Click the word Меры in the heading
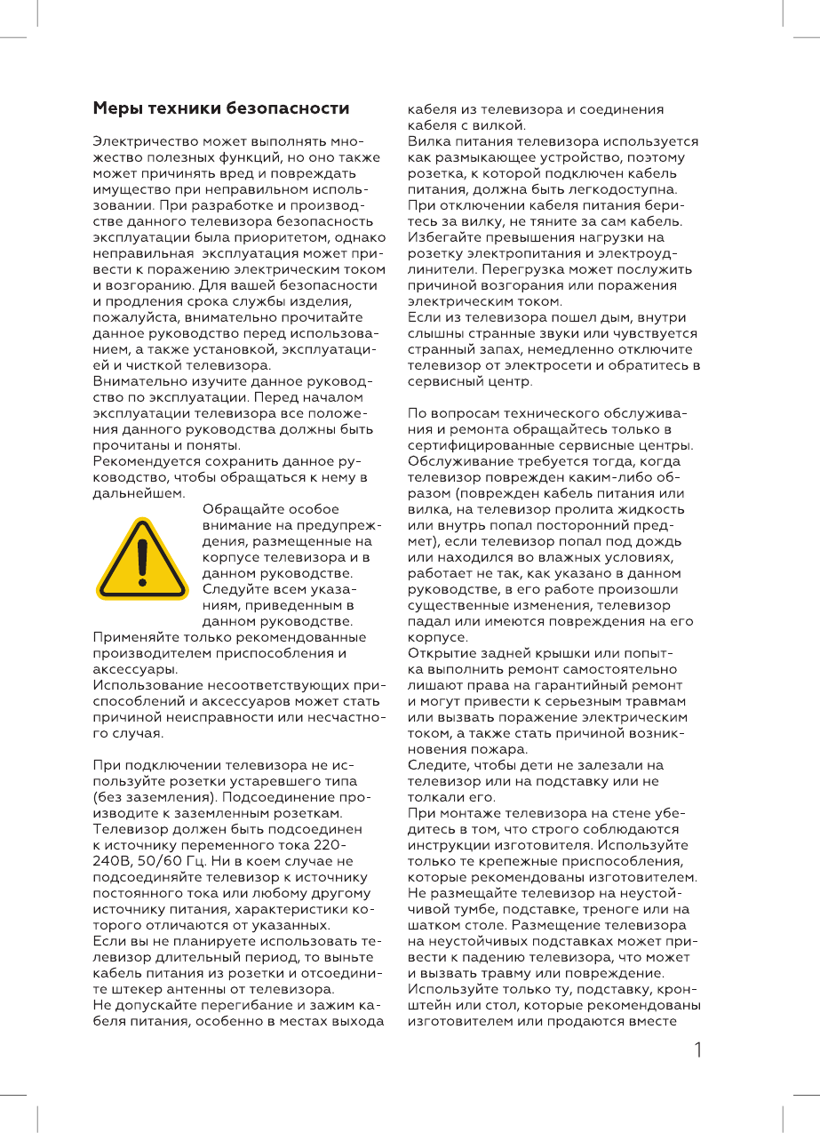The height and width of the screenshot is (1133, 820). [114, 108]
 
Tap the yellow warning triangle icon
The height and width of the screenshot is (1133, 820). [142, 558]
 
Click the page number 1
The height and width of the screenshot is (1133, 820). [698, 1050]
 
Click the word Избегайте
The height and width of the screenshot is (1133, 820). [442, 237]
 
